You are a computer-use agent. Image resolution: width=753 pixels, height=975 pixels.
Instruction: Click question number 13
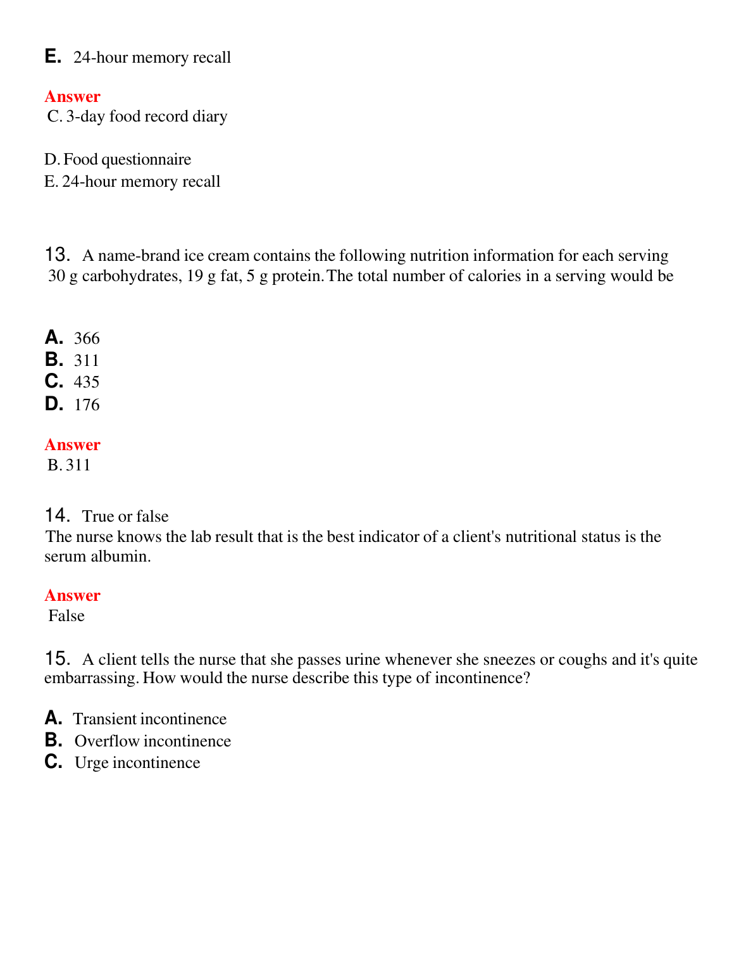(x=57, y=255)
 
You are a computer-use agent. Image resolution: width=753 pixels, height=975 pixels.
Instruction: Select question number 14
(x=57, y=515)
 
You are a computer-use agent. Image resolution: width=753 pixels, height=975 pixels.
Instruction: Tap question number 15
(x=57, y=658)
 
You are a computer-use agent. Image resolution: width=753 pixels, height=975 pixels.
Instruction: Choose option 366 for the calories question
(x=87, y=338)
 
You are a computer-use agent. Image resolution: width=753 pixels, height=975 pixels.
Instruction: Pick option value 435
(x=87, y=382)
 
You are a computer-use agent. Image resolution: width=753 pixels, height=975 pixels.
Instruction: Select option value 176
(x=87, y=405)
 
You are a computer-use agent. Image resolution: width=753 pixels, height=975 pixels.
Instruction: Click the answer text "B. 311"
(x=69, y=465)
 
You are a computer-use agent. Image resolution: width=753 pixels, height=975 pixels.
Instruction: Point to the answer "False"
(x=66, y=616)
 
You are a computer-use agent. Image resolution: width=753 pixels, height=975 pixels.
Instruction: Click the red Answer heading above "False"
(x=72, y=596)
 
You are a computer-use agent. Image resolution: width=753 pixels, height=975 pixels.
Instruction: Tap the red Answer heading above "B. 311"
(x=72, y=445)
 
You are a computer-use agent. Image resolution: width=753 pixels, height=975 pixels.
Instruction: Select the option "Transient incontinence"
(x=149, y=719)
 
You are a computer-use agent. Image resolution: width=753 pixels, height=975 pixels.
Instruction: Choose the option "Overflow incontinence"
(x=152, y=741)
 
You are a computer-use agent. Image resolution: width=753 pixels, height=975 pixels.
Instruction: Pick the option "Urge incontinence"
(x=137, y=763)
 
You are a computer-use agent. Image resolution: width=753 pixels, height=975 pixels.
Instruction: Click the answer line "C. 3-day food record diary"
(x=137, y=116)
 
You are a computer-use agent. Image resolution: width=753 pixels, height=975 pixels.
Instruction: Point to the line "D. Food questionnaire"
(x=118, y=160)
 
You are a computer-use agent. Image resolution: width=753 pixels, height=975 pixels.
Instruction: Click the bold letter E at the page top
(x=53, y=56)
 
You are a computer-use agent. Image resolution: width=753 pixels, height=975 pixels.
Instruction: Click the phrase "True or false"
(x=125, y=517)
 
